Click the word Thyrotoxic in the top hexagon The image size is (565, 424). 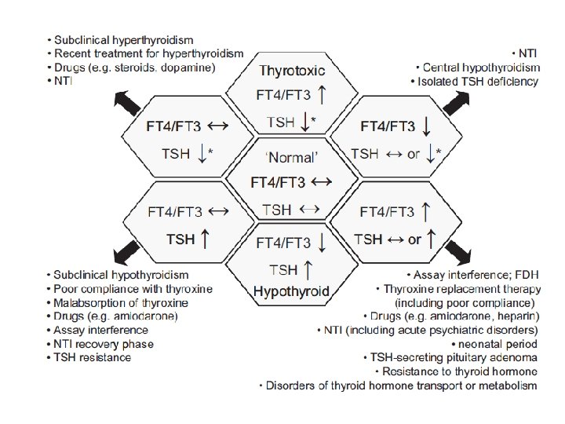point(292,71)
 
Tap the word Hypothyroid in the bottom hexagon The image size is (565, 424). point(291,292)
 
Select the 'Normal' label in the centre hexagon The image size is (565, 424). point(292,157)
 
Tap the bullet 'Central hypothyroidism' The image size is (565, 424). point(479,68)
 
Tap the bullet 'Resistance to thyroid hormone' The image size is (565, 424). point(460,371)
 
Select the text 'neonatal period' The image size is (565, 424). point(498,344)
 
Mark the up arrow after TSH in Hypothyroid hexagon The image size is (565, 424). point(309,270)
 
